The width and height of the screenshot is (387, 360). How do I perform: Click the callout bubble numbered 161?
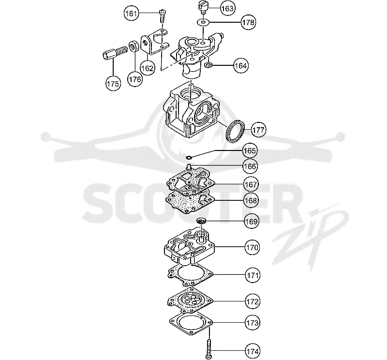pos(131,13)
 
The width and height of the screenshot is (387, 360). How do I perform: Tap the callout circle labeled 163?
pos(227,8)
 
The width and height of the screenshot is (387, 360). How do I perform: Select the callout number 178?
pos(248,22)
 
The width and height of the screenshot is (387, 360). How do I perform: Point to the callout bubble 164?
pos(240,66)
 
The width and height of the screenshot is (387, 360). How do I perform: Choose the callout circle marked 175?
pos(113,83)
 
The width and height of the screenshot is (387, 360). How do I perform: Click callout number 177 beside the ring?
pos(259,130)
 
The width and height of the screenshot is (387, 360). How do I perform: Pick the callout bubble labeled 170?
pos(252,247)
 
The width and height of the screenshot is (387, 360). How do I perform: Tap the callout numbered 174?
pos(253,351)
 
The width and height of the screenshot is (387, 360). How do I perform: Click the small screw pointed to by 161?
pos(163,16)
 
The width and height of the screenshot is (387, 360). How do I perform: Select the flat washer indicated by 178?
pos(203,22)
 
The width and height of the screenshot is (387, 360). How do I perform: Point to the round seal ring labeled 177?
pos(236,131)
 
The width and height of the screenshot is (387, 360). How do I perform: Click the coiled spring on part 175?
pos(121,51)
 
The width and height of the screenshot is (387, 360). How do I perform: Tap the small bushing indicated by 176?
pos(134,47)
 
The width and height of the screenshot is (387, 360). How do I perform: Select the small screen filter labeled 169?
pos(201,221)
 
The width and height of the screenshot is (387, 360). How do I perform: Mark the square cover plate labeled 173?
pos(191,323)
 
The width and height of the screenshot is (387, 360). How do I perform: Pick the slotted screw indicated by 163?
pos(203,7)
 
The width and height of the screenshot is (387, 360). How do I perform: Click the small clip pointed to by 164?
pos(208,65)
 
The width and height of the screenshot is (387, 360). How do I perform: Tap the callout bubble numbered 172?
pos(253,301)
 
